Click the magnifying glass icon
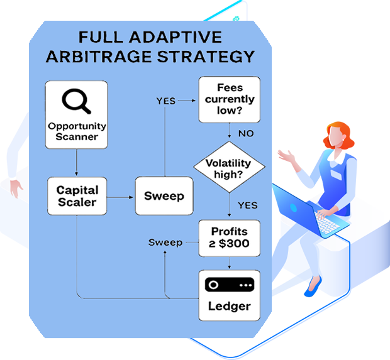[x=75, y=102]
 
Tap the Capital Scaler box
[x=77, y=195]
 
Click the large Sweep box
[x=164, y=195]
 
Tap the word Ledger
[x=229, y=307]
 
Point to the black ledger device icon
[x=230, y=284]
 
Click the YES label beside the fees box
[x=166, y=101]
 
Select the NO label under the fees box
[x=246, y=133]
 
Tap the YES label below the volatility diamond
[x=247, y=205]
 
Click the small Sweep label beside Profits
[x=165, y=242]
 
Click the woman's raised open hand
[x=286, y=155]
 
